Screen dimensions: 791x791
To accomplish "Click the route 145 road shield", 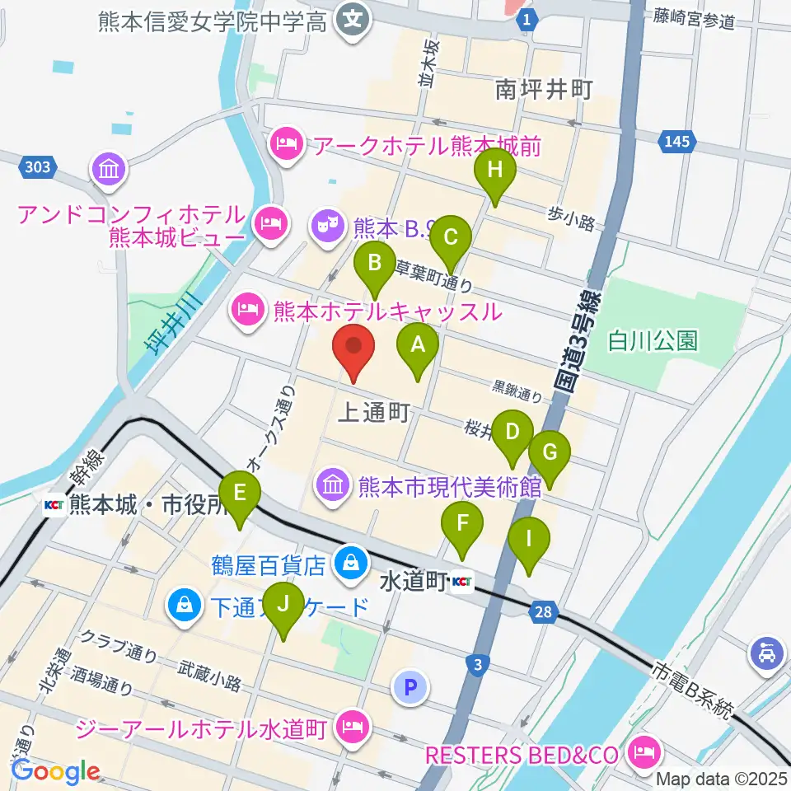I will [675, 143].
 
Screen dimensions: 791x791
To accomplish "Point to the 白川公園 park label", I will [653, 340].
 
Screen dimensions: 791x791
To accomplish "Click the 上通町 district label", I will [373, 414].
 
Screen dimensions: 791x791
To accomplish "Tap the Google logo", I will [56, 771].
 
